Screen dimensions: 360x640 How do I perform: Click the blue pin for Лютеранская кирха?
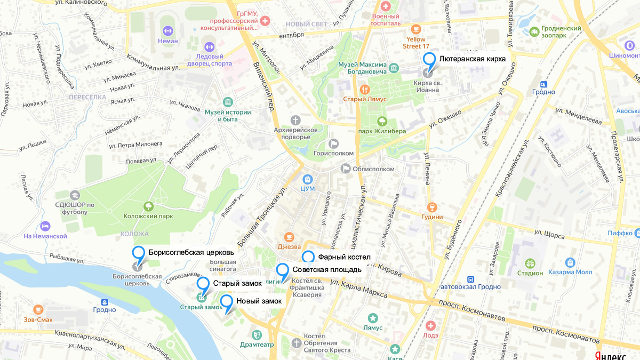(429, 59)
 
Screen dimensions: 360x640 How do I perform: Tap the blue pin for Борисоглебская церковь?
(139, 253)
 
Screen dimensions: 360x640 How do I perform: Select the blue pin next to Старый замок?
(203, 284)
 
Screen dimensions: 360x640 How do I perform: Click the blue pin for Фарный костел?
(308, 257)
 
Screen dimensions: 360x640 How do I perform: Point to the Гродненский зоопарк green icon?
(533, 32)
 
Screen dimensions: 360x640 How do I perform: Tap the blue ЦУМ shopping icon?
(307, 179)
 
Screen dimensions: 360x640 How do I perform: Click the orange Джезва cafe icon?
(289, 236)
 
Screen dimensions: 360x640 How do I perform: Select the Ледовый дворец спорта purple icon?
(209, 47)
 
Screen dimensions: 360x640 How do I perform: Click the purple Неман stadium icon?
(168, 30)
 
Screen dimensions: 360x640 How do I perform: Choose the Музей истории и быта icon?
(228, 102)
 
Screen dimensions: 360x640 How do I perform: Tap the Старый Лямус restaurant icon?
(365, 89)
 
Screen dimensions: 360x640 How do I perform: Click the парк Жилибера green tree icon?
(382, 121)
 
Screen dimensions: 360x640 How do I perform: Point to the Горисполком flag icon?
(334, 143)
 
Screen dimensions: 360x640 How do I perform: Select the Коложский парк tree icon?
(148, 206)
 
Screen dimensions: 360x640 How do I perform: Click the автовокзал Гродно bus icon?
(470, 279)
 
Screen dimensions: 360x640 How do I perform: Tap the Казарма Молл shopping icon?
(570, 262)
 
